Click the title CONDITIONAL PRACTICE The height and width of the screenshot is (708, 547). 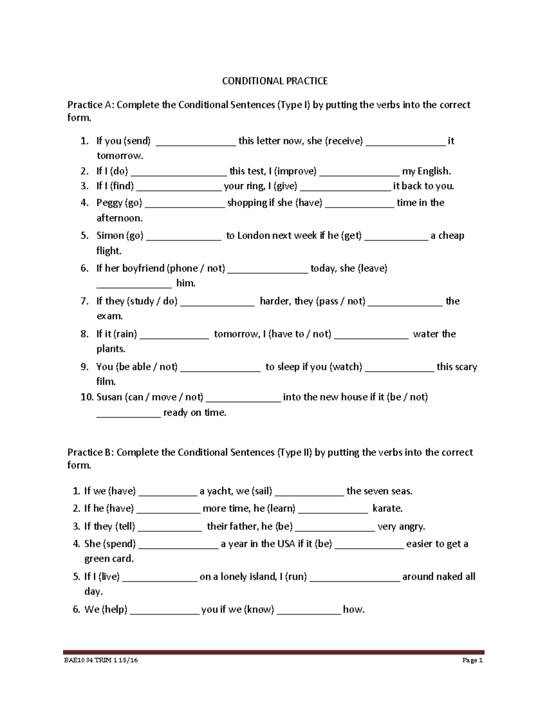[274, 81]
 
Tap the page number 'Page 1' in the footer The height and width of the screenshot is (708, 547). [472, 660]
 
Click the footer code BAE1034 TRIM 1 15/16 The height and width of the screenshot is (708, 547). [101, 660]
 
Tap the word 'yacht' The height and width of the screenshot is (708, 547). [220, 491]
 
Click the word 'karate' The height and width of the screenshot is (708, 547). [387, 508]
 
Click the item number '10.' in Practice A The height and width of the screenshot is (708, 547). [87, 397]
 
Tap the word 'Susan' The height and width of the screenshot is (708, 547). [108, 397]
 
